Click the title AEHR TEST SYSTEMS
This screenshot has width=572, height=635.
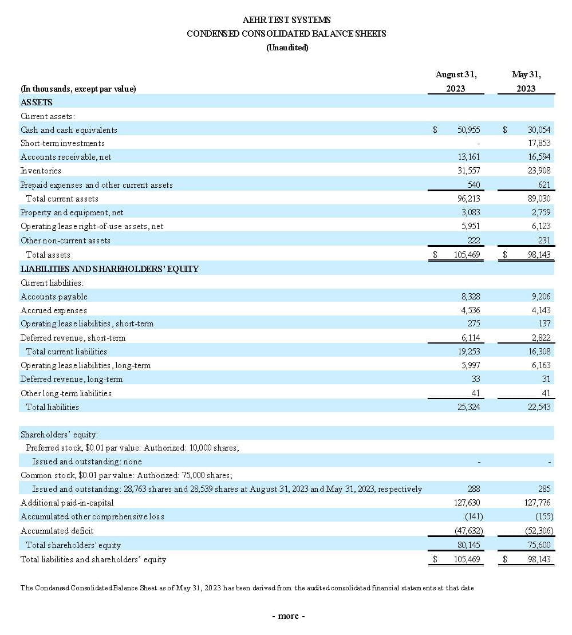point(286,20)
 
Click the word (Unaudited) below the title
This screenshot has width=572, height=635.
point(287,48)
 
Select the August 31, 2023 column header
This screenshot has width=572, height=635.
point(456,81)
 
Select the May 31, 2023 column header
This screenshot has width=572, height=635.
point(526,81)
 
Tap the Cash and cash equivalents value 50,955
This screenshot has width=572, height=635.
point(469,130)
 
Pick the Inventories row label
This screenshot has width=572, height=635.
point(41,171)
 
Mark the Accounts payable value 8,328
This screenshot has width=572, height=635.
point(470,297)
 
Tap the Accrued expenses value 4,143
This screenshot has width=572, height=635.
point(541,310)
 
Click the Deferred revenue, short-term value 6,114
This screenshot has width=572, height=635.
point(470,338)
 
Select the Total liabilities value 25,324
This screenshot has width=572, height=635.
point(469,407)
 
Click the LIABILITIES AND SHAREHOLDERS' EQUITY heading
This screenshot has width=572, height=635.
point(109,269)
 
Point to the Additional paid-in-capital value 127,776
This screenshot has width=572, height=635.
point(538,503)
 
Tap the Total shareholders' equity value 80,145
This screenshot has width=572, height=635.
point(469,545)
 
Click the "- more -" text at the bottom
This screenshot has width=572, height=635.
point(288,616)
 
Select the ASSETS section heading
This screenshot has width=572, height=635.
point(37,102)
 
